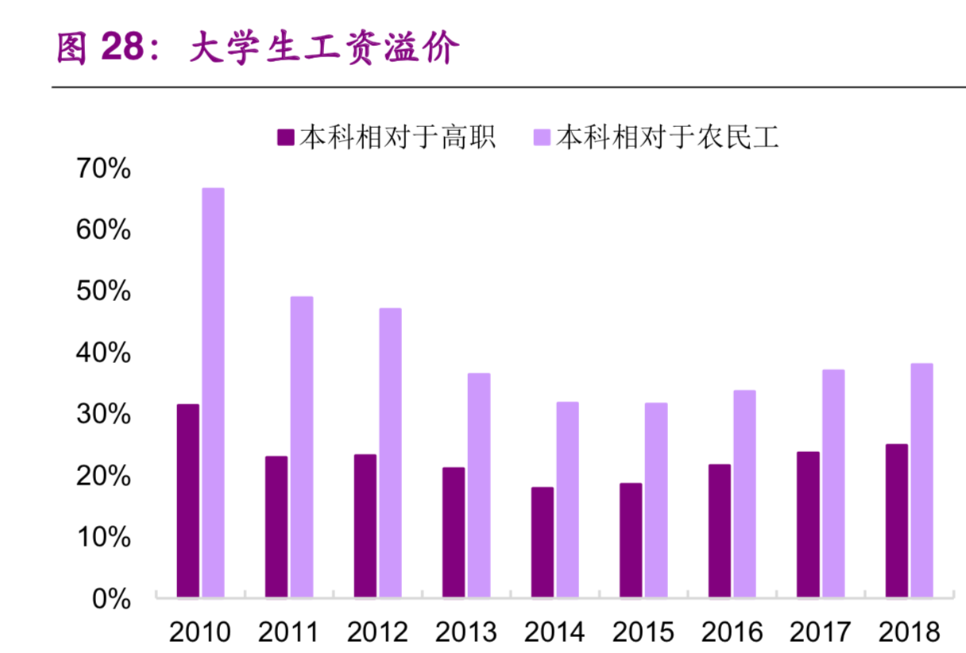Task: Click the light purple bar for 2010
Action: [213, 392]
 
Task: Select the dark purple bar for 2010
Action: [188, 500]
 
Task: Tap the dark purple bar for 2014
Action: [543, 542]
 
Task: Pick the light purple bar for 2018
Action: [922, 480]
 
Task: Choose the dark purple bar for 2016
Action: [720, 531]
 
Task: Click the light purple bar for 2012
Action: [390, 452]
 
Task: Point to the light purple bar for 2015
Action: [656, 500]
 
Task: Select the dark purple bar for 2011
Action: [276, 526]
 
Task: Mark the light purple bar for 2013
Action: [479, 485]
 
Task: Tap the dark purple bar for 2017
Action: [808, 524]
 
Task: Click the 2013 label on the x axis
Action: [466, 632]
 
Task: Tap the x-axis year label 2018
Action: [909, 632]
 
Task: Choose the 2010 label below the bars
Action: [200, 632]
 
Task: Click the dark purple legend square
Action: [285, 137]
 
